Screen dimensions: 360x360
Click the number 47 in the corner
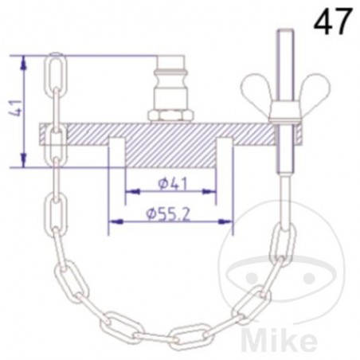[x=332, y=21]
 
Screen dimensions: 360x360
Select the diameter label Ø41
[x=170, y=184]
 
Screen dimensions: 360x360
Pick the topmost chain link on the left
[x=56, y=73]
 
